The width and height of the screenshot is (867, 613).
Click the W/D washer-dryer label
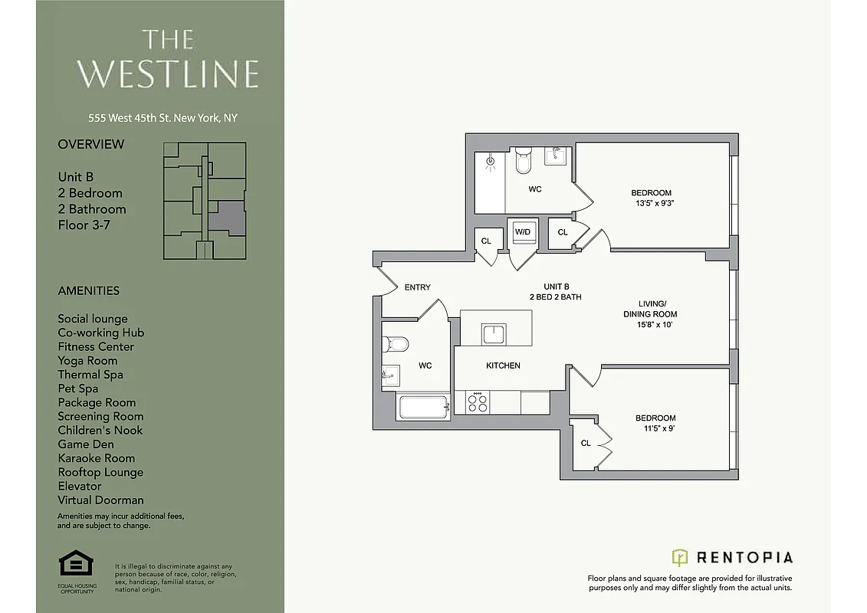(523, 231)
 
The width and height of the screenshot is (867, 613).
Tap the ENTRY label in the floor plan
(417, 287)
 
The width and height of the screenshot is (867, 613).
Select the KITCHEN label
(503, 366)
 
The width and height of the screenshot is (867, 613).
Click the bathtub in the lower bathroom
(423, 406)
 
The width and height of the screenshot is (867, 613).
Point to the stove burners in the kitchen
(477, 402)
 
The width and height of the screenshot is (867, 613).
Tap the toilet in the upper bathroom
(524, 162)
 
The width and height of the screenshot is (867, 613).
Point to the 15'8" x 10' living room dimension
(649, 325)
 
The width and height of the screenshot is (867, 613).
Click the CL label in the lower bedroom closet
(586, 443)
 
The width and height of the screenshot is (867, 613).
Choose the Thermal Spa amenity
(90, 375)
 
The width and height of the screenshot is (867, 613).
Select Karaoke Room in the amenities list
(96, 458)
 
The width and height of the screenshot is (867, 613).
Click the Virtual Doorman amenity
(100, 500)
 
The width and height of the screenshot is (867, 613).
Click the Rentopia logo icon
(679, 557)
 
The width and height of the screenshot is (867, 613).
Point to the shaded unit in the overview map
(228, 219)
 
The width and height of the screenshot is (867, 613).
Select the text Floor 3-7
(82, 225)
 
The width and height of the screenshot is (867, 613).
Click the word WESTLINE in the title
(167, 74)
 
